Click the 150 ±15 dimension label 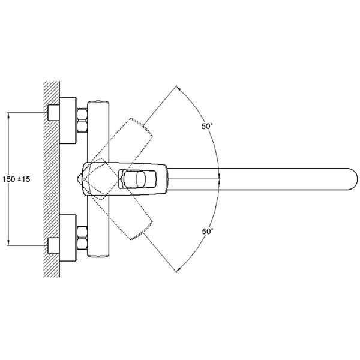pos(16,179)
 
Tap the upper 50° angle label pos(207,126)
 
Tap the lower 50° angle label pos(208,231)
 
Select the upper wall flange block pos(68,121)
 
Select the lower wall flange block pos(68,238)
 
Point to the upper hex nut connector pos(82,120)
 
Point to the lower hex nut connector pos(82,238)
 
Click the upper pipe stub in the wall pos(53,113)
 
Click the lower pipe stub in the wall pos(53,245)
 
